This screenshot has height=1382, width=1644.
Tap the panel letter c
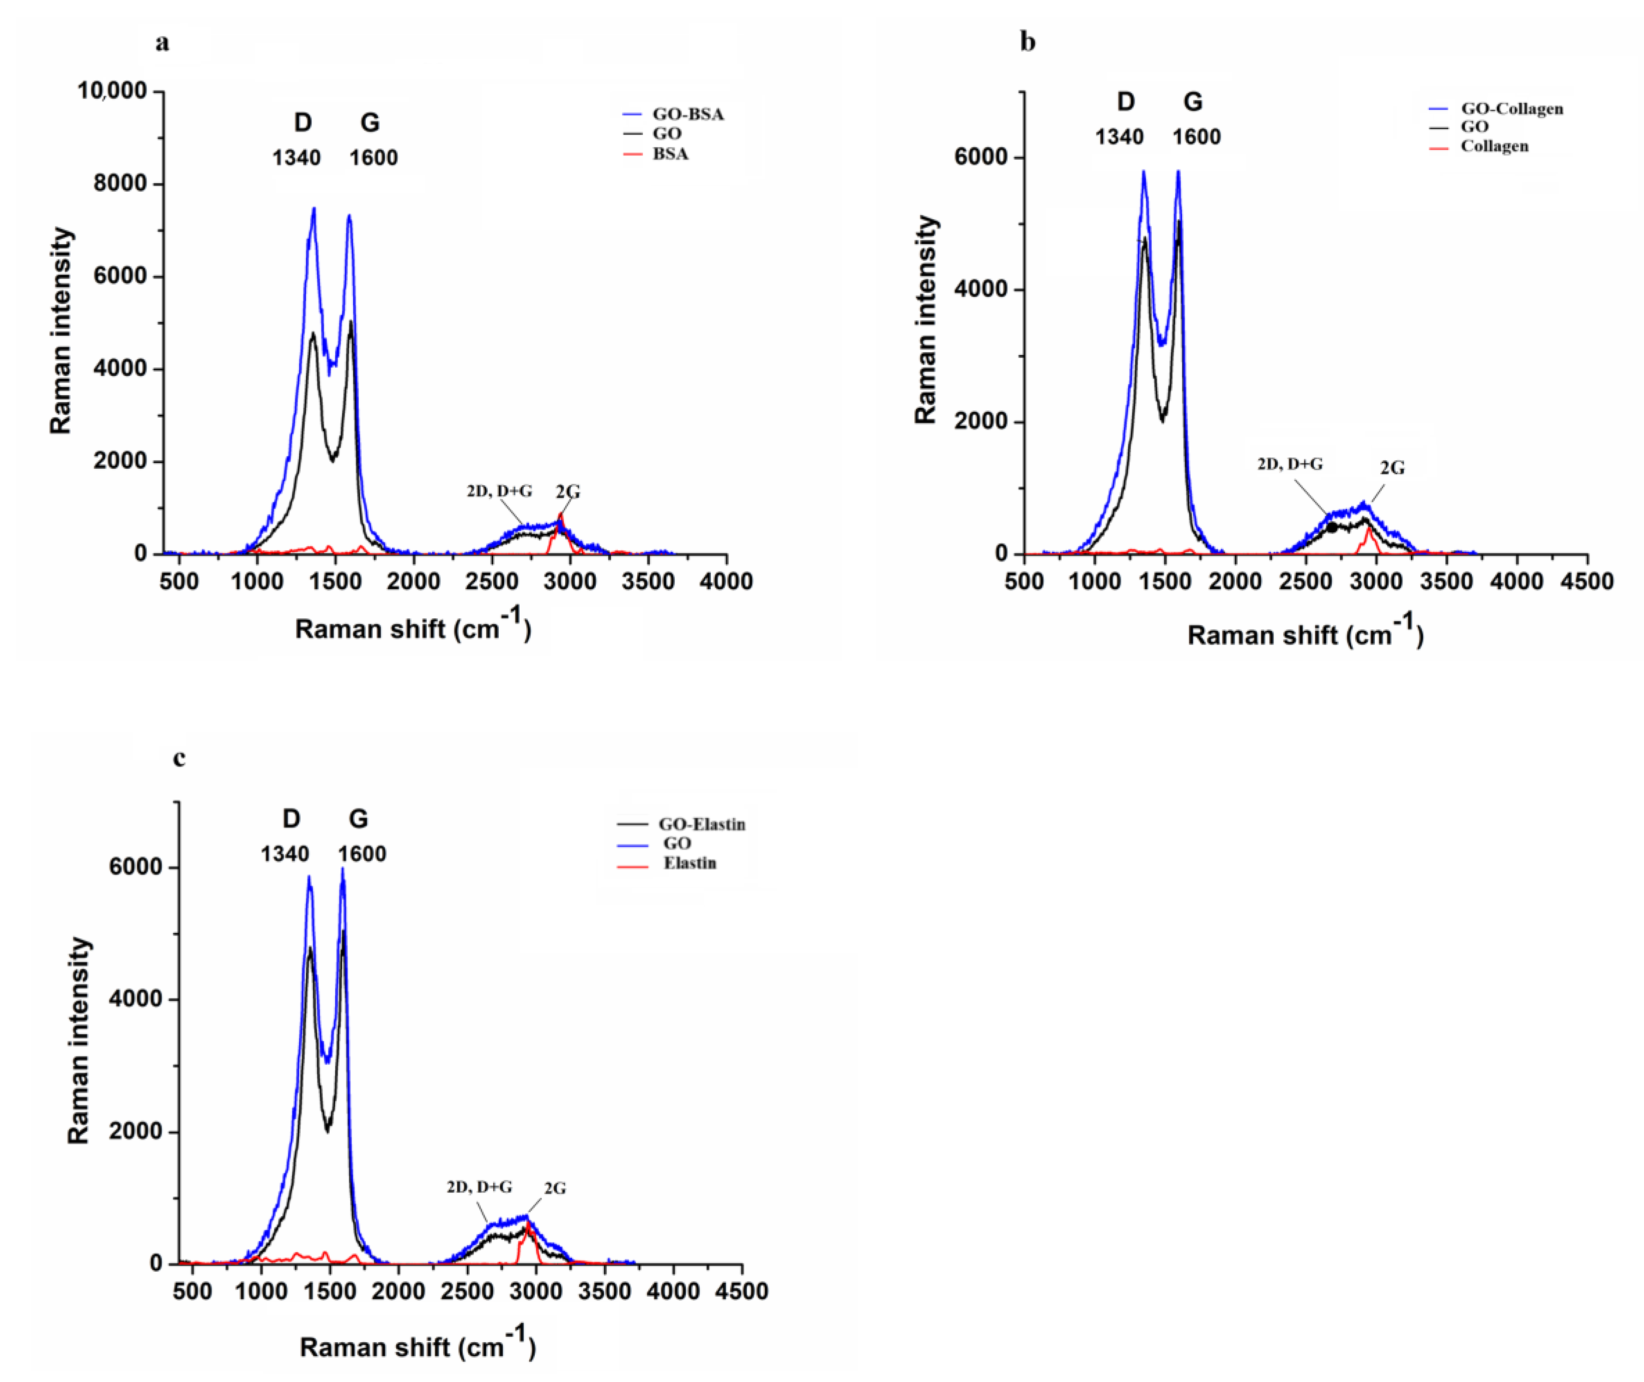coord(180,758)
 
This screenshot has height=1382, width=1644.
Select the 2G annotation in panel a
coord(568,492)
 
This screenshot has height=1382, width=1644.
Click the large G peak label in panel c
coord(358,819)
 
